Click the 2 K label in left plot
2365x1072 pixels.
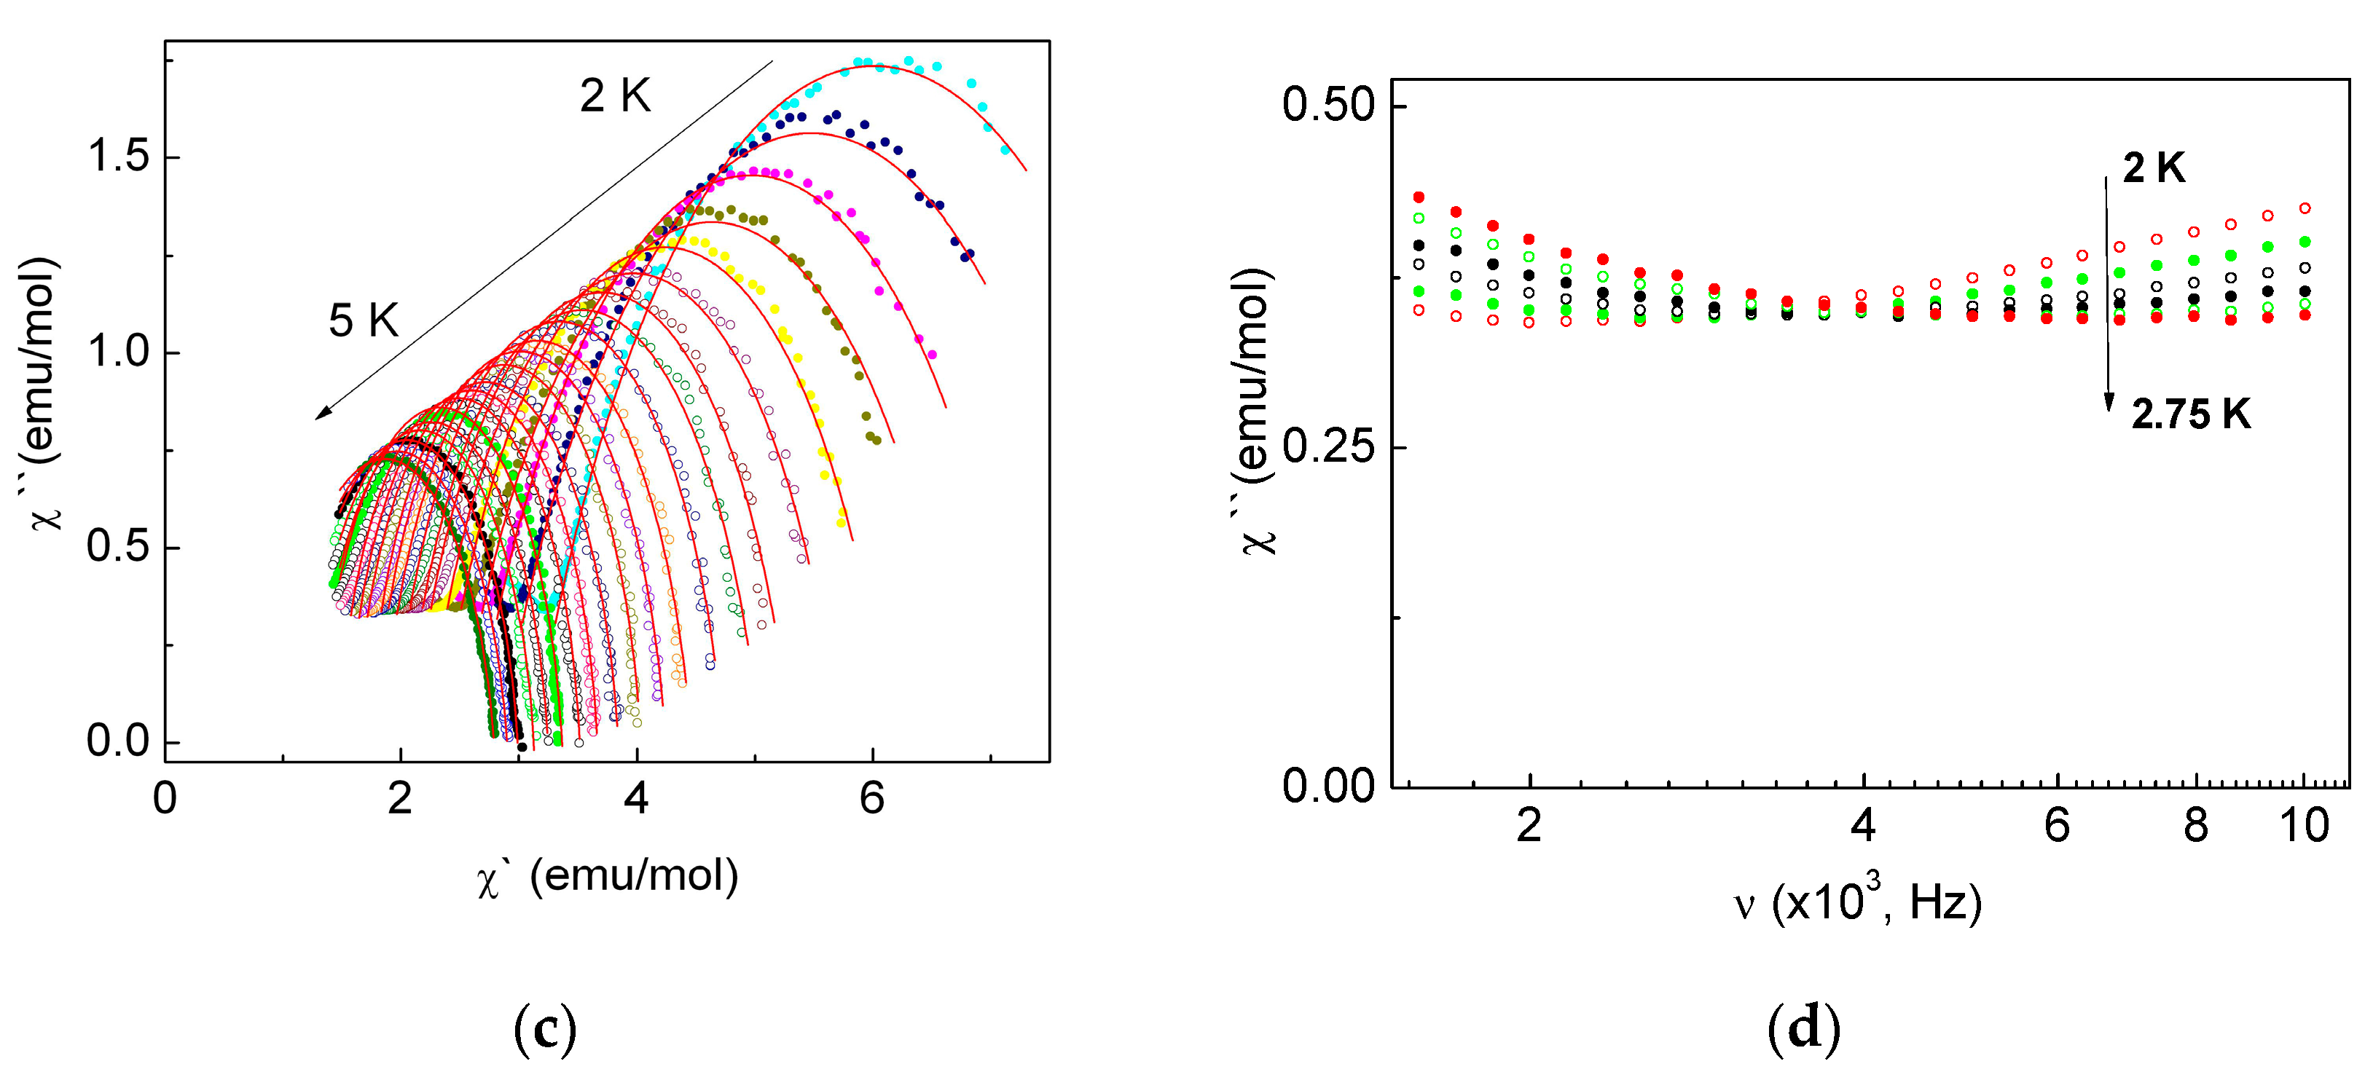click(615, 96)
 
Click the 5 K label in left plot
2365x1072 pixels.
click(364, 321)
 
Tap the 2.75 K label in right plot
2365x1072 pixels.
click(2191, 415)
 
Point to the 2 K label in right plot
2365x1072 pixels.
click(2154, 168)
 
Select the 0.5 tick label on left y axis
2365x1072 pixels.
click(117, 547)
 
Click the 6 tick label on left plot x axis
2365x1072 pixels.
click(871, 798)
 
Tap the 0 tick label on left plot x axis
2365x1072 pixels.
click(165, 798)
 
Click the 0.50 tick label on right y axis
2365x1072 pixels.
click(1328, 106)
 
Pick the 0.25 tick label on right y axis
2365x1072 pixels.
click(1328, 447)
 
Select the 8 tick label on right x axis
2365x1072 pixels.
click(2195, 826)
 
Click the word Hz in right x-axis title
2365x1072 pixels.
click(1945, 904)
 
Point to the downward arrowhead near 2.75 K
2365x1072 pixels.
click(2109, 402)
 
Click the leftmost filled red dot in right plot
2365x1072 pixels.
click(1419, 197)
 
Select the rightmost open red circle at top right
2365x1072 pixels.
click(2305, 208)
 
